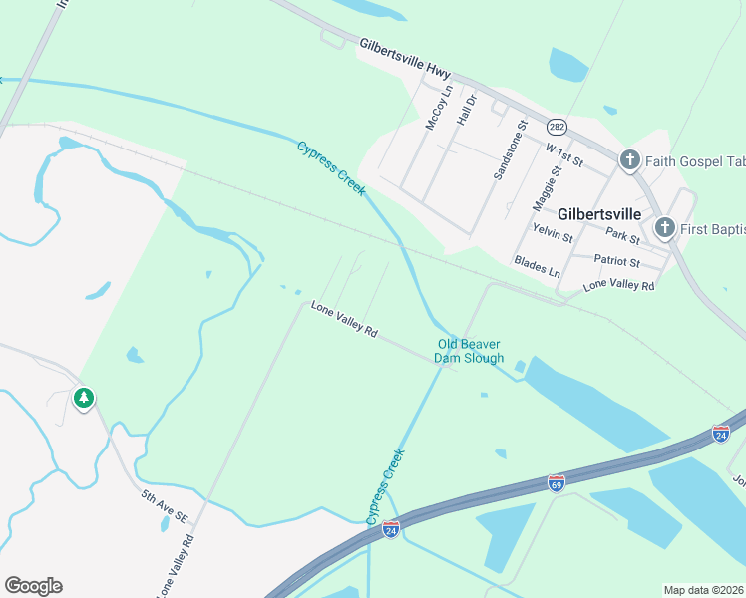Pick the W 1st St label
pyautogui.click(x=563, y=153)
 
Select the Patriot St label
pyautogui.click(x=617, y=262)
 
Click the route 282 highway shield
pyautogui.click(x=557, y=127)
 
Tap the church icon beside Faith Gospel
pyautogui.click(x=629, y=159)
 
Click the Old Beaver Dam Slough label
pyautogui.click(x=470, y=351)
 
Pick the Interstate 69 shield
pyautogui.click(x=557, y=483)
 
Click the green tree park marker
pyautogui.click(x=84, y=399)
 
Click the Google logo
pyautogui.click(x=33, y=586)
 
